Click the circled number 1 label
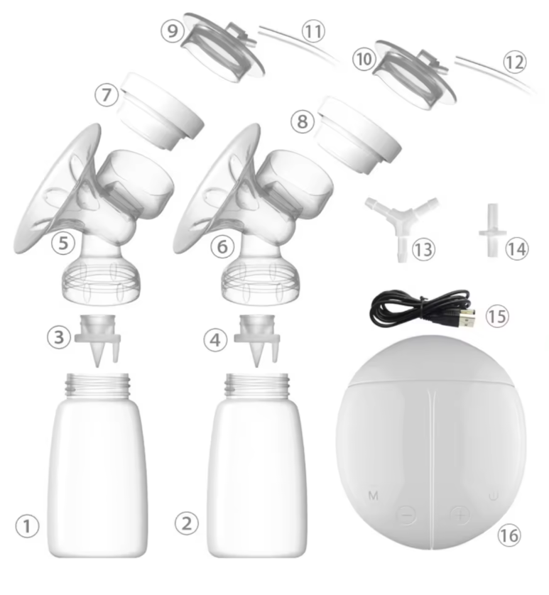tap(27, 526)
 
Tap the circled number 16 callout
tap(509, 535)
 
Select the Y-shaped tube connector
tap(402, 226)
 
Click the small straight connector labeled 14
tap(492, 230)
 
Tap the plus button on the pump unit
tap(460, 515)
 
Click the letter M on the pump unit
tap(374, 495)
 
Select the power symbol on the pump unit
tap(494, 496)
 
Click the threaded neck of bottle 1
tap(97, 386)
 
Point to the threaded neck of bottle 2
tap(257, 386)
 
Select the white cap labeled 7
tap(160, 111)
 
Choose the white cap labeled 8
tap(358, 135)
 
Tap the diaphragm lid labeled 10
tap(415, 75)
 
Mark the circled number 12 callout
tap(515, 62)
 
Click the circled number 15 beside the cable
tap(497, 316)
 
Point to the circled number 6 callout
tap(222, 246)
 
